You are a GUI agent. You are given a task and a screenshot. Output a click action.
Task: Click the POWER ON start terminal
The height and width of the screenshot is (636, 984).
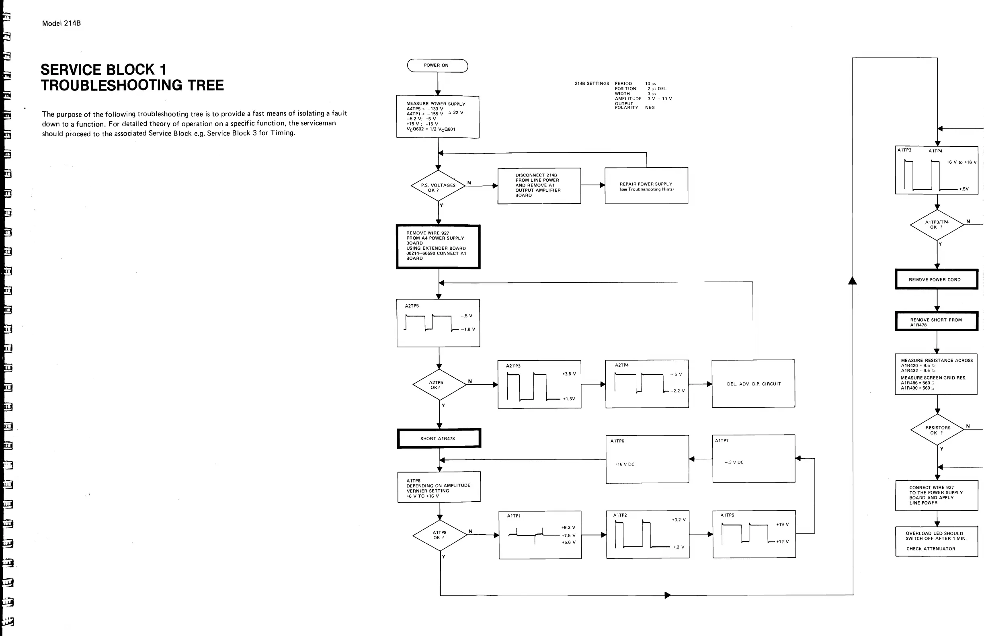437,66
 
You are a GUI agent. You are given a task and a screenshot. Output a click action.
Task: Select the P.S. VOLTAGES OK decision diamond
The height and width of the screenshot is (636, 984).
438,186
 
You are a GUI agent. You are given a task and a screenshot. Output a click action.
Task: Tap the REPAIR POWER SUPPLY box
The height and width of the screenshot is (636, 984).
646,185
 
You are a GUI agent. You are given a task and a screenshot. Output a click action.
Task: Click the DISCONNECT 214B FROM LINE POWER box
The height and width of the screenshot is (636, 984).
539,185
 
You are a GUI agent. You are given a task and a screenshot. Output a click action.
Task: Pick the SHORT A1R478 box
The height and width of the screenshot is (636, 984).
439,438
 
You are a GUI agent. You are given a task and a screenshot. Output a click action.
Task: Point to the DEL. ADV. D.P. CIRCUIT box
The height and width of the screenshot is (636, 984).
753,384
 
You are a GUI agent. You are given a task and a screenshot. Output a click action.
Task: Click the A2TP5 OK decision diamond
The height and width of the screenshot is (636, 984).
439,384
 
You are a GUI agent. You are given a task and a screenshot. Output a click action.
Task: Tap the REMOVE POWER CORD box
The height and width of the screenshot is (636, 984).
936,279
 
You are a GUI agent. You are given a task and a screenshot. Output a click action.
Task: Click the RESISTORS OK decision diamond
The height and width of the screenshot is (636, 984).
937,430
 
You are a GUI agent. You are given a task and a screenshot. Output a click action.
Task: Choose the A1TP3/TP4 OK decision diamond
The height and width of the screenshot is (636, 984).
937,225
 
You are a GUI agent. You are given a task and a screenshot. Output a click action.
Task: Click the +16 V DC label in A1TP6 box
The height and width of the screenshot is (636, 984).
624,464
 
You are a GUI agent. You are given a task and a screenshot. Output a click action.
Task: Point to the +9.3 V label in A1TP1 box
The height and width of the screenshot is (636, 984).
568,527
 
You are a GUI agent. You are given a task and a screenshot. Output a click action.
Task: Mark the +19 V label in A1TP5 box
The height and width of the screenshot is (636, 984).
782,525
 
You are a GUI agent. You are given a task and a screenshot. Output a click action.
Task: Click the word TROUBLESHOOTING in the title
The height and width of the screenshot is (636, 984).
111,86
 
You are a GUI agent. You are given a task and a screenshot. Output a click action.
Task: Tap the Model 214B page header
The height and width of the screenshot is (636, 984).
61,24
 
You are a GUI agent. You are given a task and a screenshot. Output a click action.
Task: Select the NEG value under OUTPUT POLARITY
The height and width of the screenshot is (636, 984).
650,107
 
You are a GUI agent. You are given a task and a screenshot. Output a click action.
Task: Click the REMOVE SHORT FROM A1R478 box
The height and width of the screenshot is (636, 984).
936,322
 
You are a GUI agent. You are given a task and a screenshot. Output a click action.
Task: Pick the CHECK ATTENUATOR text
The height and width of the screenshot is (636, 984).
931,549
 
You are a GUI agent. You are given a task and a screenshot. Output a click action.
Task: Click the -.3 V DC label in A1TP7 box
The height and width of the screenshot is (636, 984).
734,462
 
